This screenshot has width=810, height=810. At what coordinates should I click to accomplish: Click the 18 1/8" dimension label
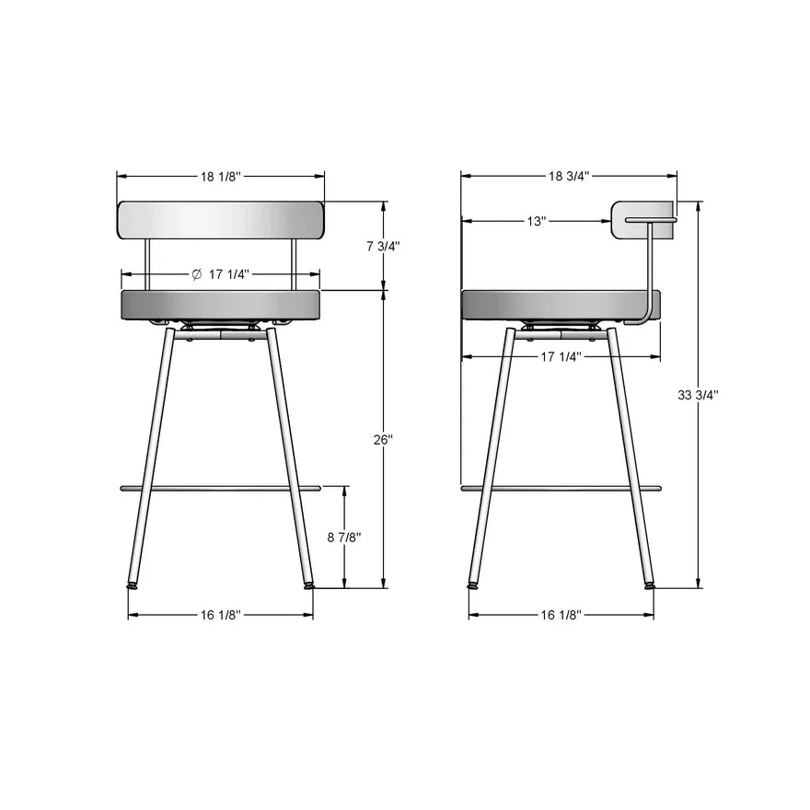point(220,176)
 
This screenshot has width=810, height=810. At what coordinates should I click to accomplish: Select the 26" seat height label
point(383,440)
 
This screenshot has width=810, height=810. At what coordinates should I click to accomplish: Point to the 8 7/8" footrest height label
point(344,538)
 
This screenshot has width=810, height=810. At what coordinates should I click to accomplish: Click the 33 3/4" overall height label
point(698,394)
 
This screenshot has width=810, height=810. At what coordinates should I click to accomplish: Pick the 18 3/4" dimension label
point(569,176)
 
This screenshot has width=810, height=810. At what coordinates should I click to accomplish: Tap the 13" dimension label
point(537,221)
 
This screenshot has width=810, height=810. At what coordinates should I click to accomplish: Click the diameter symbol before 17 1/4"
point(196,274)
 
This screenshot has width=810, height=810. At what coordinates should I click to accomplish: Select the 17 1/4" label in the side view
point(561,357)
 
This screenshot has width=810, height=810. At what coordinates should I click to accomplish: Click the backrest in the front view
point(221,220)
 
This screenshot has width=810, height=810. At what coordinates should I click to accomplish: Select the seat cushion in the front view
point(221,306)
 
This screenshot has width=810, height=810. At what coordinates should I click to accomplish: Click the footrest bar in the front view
point(221,488)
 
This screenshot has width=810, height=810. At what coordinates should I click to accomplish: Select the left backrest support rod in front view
point(148,264)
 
